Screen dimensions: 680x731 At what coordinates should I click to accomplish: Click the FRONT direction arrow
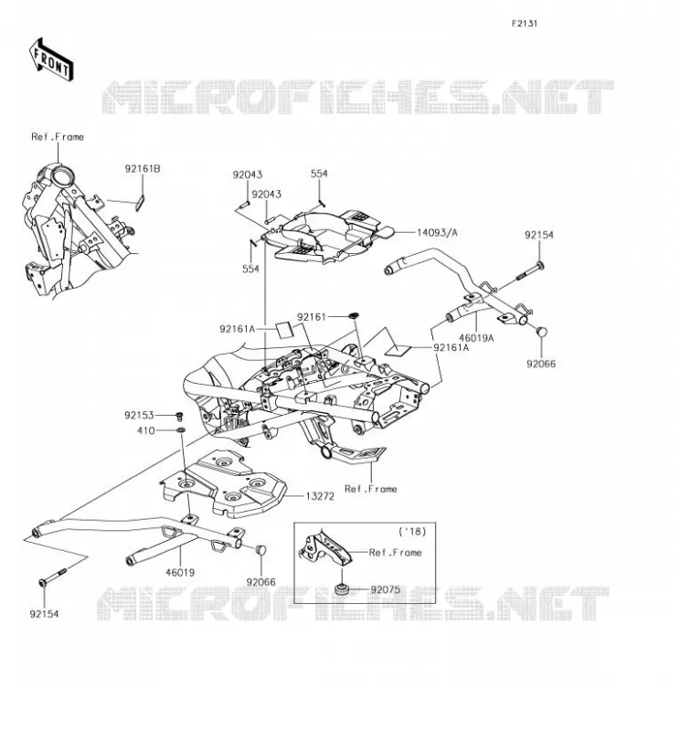pos(51,60)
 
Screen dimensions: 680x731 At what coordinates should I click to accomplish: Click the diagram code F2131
pos(525,24)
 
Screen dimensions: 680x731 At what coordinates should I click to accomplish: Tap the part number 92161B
pos(143,169)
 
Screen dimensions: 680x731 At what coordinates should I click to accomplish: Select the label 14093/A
pos(437,232)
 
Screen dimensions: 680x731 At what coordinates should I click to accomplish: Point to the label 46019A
pos(476,338)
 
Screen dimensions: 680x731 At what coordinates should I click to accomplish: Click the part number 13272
pos(320,496)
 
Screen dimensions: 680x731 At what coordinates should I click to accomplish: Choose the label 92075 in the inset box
pos(385,589)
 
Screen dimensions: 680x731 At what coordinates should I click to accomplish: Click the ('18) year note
pos(412,531)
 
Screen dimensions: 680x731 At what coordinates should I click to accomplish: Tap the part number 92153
pos(139,415)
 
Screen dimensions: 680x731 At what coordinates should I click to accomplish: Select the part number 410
pos(146,430)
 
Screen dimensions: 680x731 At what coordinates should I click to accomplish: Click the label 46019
pos(180,573)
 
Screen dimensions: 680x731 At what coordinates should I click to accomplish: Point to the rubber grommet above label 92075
pos(342,589)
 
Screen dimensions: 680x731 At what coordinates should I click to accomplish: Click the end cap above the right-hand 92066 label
pos(541,332)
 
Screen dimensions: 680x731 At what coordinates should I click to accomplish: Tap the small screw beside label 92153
pos(178,415)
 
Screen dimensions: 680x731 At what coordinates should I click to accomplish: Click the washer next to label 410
pos(180,429)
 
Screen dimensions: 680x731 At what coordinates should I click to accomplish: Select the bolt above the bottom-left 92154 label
pos(53,577)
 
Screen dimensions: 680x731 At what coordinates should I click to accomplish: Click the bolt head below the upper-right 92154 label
pos(539,266)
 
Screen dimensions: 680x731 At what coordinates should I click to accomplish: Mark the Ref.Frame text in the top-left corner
pos(58,137)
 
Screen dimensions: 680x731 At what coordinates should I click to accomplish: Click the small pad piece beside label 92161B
pos(140,202)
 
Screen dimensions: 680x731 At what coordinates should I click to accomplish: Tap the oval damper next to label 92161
pos(353,316)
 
